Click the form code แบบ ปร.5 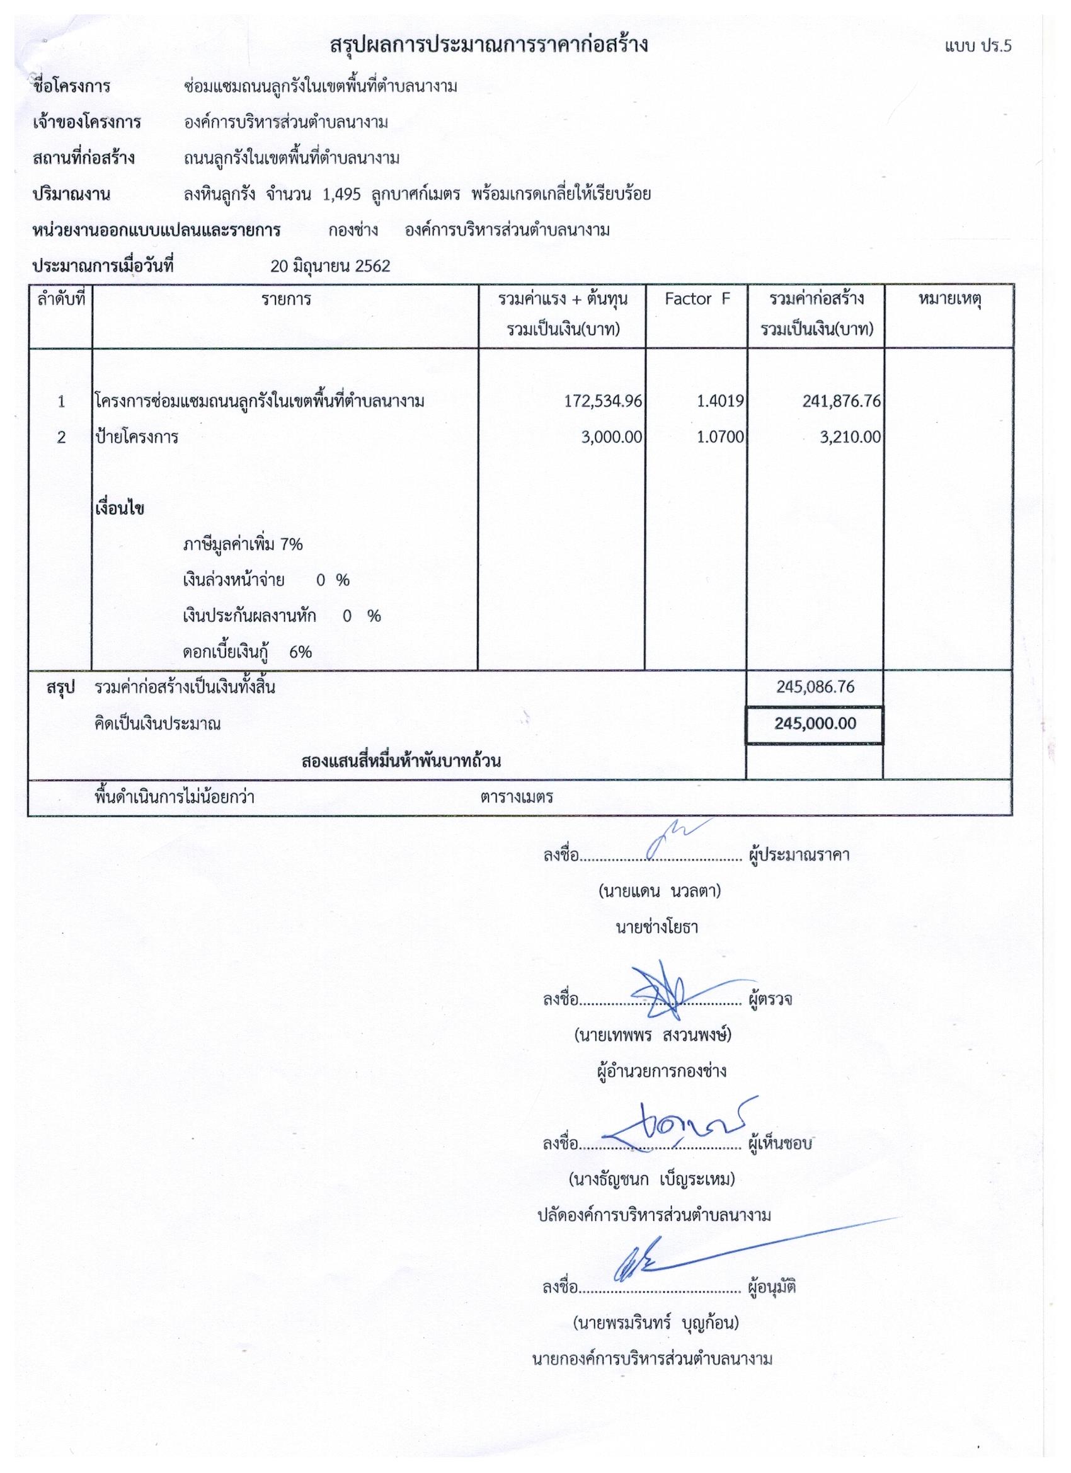pyautogui.click(x=979, y=46)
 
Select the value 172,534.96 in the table pyautogui.click(x=604, y=401)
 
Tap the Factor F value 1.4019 pyautogui.click(x=719, y=401)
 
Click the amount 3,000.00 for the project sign pyautogui.click(x=611, y=437)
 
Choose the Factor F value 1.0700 pyautogui.click(x=719, y=437)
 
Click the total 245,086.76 pyautogui.click(x=815, y=687)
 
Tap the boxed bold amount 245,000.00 pyautogui.click(x=815, y=723)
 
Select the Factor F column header pyautogui.click(x=697, y=299)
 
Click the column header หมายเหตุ pyautogui.click(x=949, y=299)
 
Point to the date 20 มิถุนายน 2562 pyautogui.click(x=331, y=267)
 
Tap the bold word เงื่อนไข pyautogui.click(x=120, y=508)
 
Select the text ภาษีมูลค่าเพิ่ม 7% pyautogui.click(x=243, y=544)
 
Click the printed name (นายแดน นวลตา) pyautogui.click(x=659, y=891)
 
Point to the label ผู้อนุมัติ pyautogui.click(x=772, y=1287)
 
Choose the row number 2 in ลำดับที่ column pyautogui.click(x=61, y=437)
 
